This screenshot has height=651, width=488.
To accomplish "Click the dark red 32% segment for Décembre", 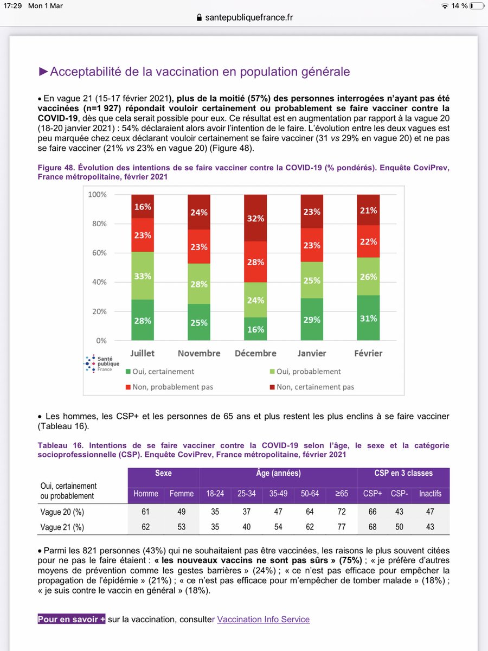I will point(255,218).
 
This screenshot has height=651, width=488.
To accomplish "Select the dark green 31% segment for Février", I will point(368,318).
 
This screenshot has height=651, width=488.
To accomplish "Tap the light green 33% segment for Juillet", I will point(142,276).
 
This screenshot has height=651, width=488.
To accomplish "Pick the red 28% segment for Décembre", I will point(255,262).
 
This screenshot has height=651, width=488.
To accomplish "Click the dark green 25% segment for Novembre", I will point(199,322).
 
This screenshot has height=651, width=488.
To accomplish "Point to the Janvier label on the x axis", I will point(312,353).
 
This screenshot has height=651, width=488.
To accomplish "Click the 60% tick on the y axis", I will point(98,253).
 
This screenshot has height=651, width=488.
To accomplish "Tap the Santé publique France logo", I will point(98,363).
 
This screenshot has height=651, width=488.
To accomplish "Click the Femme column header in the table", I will point(181,494).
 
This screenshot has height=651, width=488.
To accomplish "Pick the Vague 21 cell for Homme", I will point(145,527).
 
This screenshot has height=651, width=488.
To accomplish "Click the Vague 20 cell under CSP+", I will point(372,512).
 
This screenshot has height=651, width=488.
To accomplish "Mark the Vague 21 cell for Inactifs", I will point(431,527).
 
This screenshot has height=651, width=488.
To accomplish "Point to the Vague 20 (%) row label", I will point(62,512).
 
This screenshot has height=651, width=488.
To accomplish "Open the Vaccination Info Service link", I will point(263,619).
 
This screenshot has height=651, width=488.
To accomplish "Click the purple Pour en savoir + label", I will point(72,619).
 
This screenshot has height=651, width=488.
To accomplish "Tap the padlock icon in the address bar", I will point(200,18).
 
